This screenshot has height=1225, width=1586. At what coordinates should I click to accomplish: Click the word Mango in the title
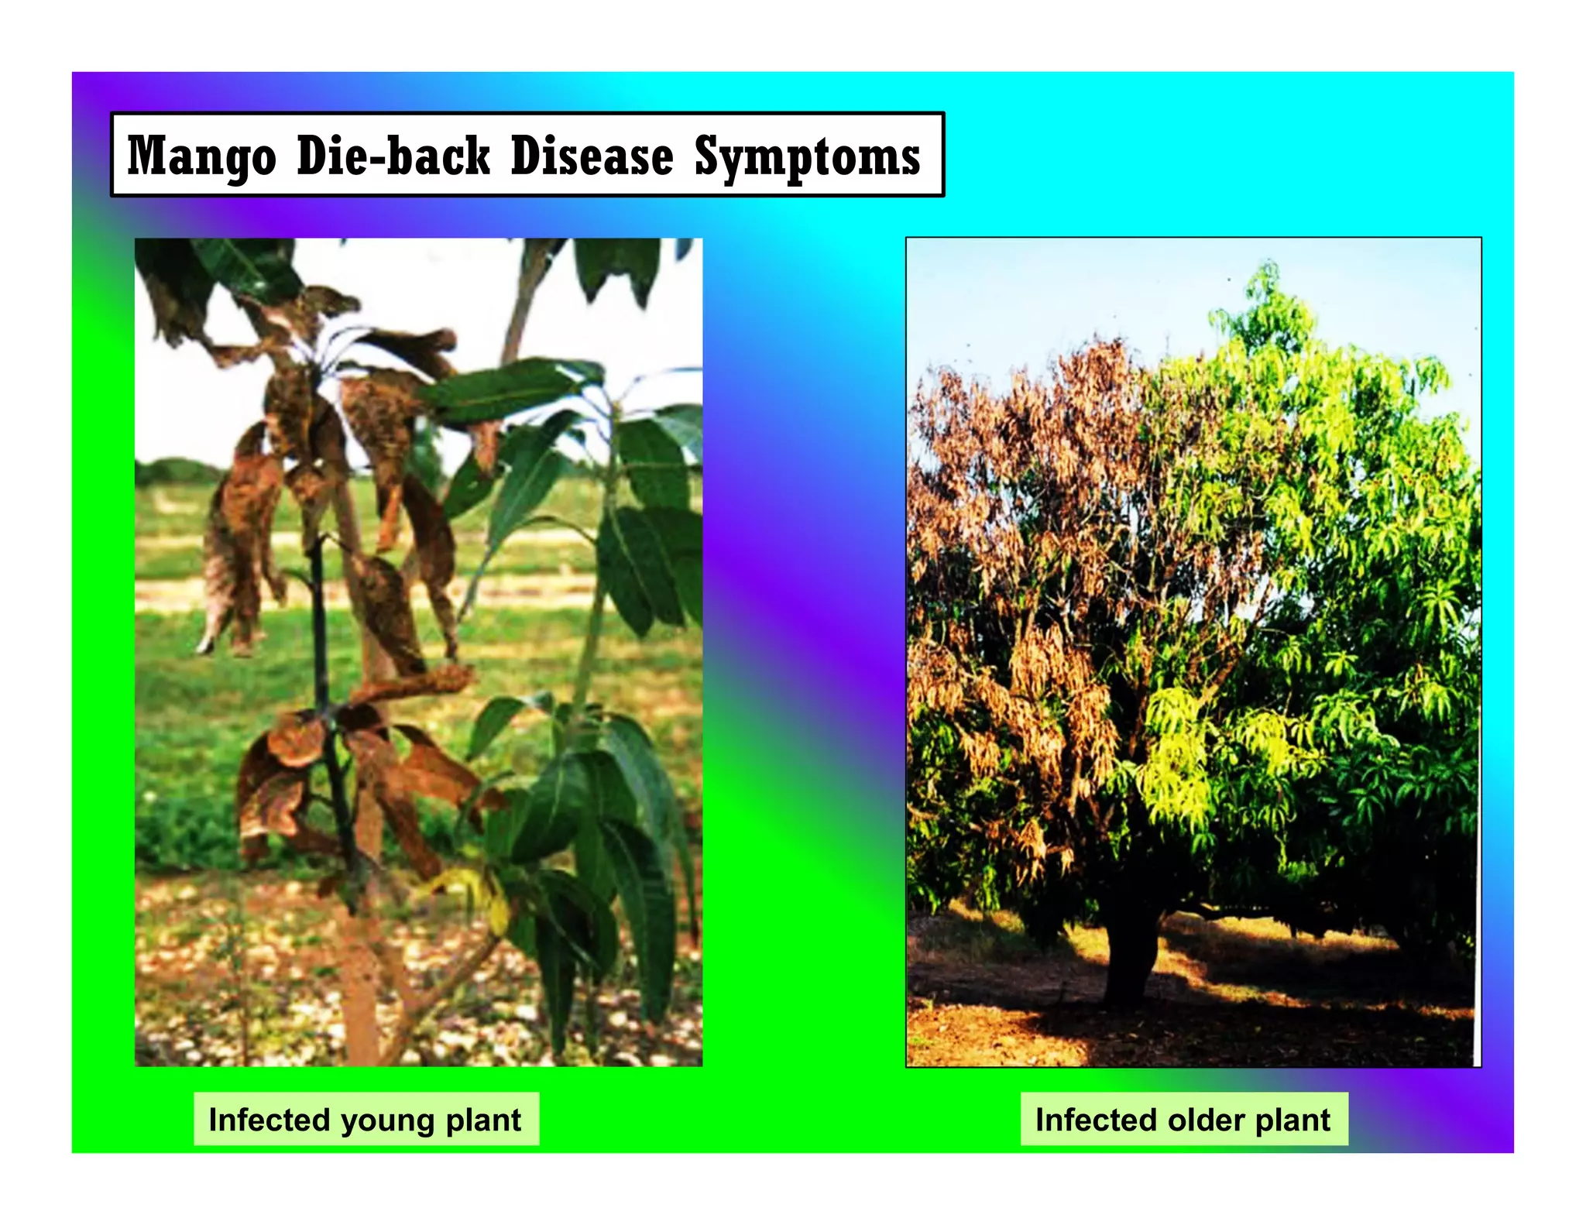(201, 156)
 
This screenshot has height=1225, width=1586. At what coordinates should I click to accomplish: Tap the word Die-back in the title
(393, 156)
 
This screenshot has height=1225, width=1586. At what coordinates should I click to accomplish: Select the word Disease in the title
(592, 156)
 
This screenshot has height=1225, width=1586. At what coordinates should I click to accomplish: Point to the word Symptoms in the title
(807, 156)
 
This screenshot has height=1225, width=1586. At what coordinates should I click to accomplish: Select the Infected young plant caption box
(366, 1119)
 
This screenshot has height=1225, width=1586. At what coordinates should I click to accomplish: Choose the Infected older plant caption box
(1183, 1119)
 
